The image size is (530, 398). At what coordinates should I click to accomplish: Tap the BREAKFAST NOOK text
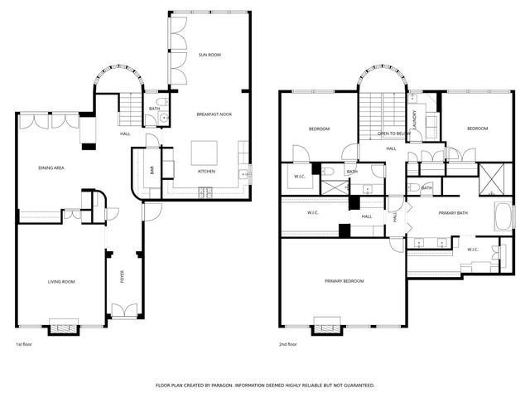point(214,114)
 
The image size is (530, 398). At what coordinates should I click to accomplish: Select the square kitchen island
point(205,153)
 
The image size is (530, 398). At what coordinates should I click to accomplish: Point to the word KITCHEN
point(207,172)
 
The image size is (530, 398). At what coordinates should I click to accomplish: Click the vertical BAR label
point(152,169)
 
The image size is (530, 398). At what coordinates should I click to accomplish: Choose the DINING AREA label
point(51,168)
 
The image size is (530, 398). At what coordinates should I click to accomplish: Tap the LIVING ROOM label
point(60,282)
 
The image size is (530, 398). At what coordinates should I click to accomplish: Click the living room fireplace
point(63,327)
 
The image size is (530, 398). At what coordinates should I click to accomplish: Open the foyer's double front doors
point(124,313)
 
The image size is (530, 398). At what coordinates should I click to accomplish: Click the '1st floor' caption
point(25,344)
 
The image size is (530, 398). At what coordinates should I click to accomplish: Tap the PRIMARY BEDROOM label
point(344,281)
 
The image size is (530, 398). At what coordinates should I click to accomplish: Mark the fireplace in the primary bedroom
point(326,328)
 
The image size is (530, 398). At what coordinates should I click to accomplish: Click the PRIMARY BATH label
point(453,213)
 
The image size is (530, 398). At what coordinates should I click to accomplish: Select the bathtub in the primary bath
point(502,218)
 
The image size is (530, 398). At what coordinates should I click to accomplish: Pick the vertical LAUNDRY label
point(413,119)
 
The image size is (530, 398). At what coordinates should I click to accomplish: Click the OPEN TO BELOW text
point(394,133)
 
